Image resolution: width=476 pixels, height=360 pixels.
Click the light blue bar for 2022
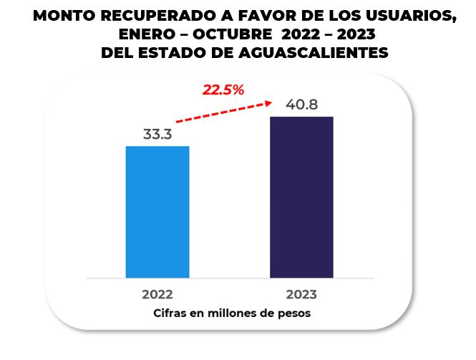click(157, 211)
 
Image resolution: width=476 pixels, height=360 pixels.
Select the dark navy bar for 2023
click(301, 196)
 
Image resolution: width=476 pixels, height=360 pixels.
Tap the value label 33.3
click(157, 134)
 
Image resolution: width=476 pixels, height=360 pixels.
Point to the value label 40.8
click(301, 104)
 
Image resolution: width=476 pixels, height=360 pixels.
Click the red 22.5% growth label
click(223, 89)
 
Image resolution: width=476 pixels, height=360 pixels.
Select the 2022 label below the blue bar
click(157, 294)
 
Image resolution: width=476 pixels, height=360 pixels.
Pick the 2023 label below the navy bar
click(301, 294)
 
